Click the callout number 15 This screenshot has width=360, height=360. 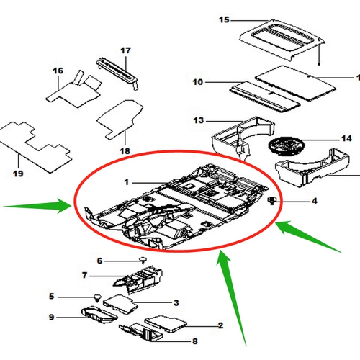pos(224,19)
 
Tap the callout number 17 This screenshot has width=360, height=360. pos(125,50)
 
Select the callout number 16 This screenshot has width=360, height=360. pos(58,71)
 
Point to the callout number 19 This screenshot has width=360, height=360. pos(18,174)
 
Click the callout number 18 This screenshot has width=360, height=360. pos(125,151)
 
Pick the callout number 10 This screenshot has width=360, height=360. pos(198,82)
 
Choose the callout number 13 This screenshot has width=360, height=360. pos(199,120)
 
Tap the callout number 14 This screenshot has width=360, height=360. pos(346,138)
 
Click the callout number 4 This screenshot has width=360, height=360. pos(315,201)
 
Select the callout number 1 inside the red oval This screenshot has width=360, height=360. pos(127,182)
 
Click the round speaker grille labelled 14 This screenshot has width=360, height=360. pos(286,145)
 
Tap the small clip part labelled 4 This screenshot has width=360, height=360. pos(272,200)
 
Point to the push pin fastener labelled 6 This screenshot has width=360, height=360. pos(143,260)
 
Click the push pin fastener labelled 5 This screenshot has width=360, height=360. pos(97,297)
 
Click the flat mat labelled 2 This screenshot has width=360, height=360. pos(166,323)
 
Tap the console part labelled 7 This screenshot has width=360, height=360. pos(139,279)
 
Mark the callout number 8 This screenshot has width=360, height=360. pos(195,341)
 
